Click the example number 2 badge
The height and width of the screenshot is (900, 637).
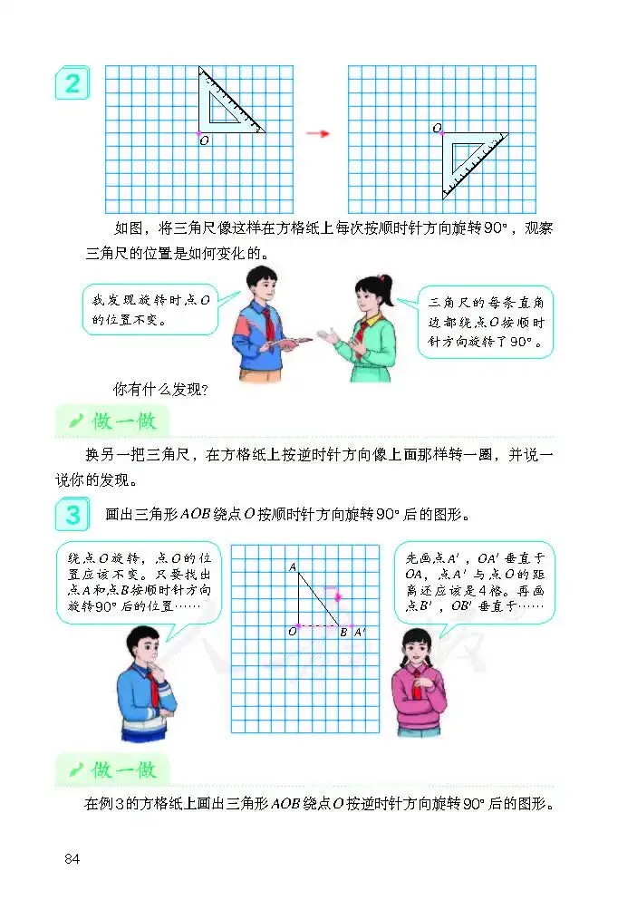(x=72, y=83)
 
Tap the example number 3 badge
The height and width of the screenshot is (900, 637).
(x=72, y=514)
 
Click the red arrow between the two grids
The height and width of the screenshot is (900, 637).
(x=317, y=134)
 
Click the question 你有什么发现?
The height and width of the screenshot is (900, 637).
(x=160, y=390)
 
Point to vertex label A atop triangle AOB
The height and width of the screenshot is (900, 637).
(x=293, y=567)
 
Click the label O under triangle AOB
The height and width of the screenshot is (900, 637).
(x=293, y=632)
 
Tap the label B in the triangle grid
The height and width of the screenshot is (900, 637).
(x=343, y=633)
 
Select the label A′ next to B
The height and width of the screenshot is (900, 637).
(x=359, y=633)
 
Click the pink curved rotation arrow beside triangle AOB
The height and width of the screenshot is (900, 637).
(x=335, y=591)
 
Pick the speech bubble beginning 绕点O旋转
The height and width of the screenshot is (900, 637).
(x=139, y=583)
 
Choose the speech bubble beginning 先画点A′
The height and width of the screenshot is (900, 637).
(x=475, y=583)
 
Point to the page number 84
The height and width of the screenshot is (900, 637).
(x=72, y=858)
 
